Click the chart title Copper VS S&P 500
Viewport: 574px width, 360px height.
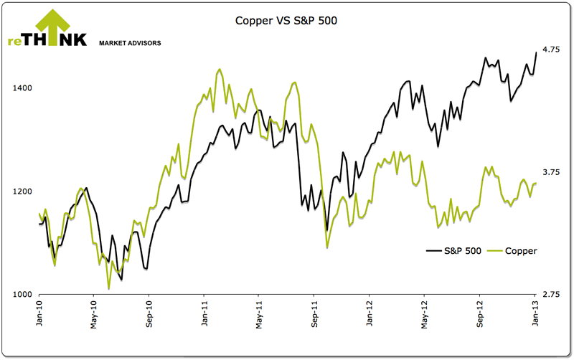[x=286, y=21]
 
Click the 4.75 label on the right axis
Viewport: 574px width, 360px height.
[x=550, y=49]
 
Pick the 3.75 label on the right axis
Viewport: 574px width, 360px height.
[x=550, y=172]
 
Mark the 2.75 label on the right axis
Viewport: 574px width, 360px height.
[x=550, y=295]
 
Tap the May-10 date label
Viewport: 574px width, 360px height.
[x=94, y=316]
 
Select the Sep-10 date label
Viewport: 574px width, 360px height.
[x=149, y=316]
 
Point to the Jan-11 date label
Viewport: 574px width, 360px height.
[x=204, y=316]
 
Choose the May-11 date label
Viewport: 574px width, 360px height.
[x=259, y=316]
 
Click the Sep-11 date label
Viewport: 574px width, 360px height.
[x=314, y=316]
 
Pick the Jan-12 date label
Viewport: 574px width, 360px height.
[x=369, y=316]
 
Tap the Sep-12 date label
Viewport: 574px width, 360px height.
[x=479, y=316]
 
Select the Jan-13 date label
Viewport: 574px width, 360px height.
[x=534, y=316]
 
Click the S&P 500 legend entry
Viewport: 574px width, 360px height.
[x=453, y=251]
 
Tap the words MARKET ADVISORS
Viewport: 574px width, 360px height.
[x=129, y=43]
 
